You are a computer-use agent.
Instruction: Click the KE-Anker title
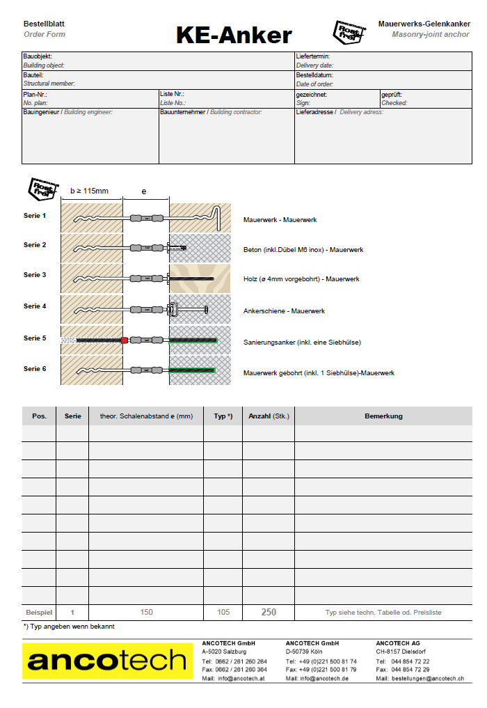(234, 35)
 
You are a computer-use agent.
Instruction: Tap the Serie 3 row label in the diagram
(35, 275)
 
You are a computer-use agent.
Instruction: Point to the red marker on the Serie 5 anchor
(125, 340)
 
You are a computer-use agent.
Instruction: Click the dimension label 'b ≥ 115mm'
(90, 191)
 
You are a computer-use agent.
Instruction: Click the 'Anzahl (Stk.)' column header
(269, 416)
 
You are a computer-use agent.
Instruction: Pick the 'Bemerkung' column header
(383, 416)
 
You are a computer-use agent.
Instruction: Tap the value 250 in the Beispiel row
(269, 613)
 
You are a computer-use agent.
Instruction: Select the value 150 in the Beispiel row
(146, 613)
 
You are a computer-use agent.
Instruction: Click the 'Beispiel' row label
(39, 613)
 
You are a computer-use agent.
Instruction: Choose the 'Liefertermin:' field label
(313, 56)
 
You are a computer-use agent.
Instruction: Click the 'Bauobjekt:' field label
(38, 56)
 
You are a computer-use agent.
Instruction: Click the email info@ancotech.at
(242, 678)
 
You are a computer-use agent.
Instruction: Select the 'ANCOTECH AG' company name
(398, 643)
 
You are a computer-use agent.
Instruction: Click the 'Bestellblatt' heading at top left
(44, 24)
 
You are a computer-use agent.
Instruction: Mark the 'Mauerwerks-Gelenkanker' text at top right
(424, 24)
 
